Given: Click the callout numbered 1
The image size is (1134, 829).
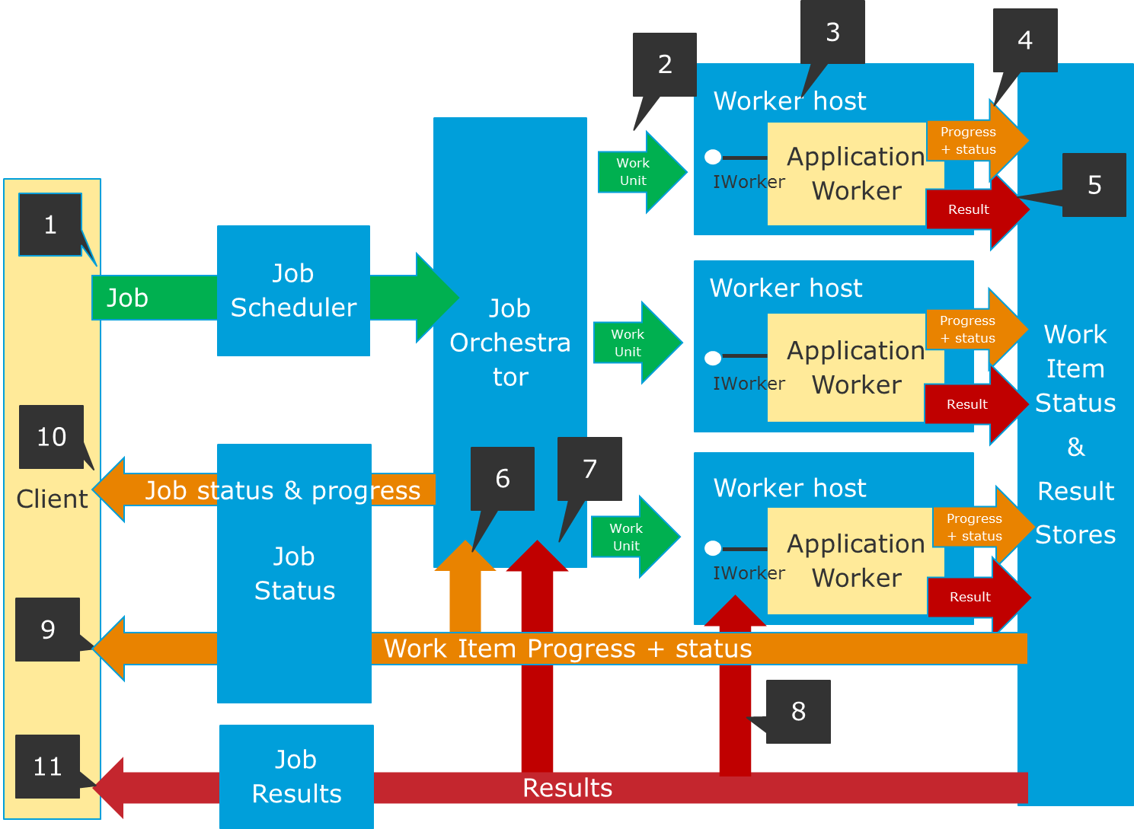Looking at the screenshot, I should [50, 225].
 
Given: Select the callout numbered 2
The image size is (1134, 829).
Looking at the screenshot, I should [665, 65].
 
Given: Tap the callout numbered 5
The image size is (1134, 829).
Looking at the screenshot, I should [1094, 185].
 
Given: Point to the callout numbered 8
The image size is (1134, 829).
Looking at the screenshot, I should [798, 711].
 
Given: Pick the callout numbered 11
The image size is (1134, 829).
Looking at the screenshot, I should [48, 766].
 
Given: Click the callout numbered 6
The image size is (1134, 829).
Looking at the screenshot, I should [503, 478].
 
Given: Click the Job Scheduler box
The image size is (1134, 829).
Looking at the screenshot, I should [293, 290].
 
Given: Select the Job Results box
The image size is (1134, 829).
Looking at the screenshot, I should [296, 776].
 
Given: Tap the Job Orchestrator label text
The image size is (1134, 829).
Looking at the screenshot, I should [510, 343].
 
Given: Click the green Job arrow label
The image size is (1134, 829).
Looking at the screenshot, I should [127, 298].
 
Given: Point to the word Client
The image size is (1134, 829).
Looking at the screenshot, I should [52, 499].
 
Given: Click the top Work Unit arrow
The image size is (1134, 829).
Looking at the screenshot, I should [638, 172].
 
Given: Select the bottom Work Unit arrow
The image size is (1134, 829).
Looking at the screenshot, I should [631, 537].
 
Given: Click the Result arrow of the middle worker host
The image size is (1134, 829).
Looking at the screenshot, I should [971, 404].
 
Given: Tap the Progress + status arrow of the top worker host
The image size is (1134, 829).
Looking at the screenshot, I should [971, 141].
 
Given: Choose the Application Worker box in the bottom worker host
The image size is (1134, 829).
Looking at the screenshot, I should [856, 561].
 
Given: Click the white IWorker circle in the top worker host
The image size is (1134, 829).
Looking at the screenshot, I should [713, 157].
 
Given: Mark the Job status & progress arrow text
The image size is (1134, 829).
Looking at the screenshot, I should [283, 490].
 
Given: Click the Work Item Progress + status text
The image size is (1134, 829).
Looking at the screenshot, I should [567, 649].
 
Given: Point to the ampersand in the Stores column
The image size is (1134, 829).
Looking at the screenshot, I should [1075, 447].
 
